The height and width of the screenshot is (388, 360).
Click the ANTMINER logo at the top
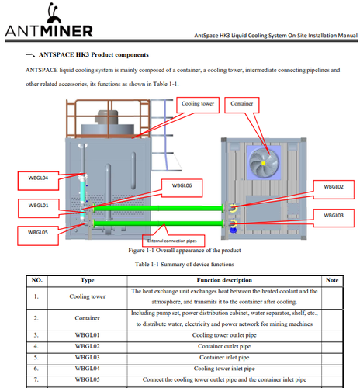coord(49,20)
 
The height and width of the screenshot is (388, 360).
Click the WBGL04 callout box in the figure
coord(38,181)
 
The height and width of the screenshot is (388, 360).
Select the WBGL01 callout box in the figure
coord(39,208)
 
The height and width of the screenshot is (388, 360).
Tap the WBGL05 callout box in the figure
coord(38,235)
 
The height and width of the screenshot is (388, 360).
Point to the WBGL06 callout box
coord(182,188)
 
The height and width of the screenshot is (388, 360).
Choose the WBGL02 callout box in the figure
coord(334,189)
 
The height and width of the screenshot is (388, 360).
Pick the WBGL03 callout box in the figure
coord(334,218)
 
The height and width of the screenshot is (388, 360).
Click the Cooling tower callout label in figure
coord(198,105)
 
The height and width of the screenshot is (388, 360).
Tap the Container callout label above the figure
coord(242,105)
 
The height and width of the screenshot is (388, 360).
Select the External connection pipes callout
coord(174,241)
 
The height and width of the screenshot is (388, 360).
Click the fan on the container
coord(264,163)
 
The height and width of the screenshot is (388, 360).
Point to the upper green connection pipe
coord(158,208)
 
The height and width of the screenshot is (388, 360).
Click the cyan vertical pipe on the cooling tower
coord(83,192)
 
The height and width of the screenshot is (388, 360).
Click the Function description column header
coord(224,280)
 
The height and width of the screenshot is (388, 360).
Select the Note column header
coord(332,280)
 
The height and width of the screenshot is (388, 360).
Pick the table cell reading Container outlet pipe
coord(224,346)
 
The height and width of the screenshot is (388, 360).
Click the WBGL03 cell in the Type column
coord(87,358)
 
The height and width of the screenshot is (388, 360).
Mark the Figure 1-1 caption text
coord(185,251)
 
